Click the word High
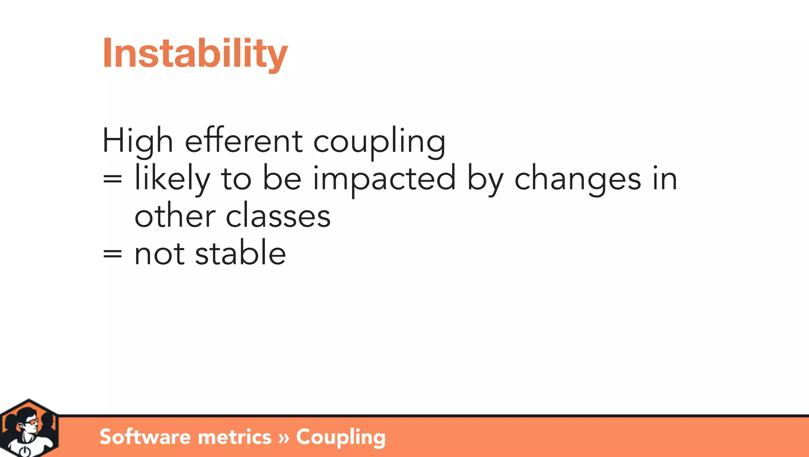137,141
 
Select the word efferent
244,141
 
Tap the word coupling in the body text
379,142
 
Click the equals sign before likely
113,179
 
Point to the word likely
172,179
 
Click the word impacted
384,179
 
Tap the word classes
278,217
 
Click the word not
159,254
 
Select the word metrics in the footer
234,437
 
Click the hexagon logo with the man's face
29,429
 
